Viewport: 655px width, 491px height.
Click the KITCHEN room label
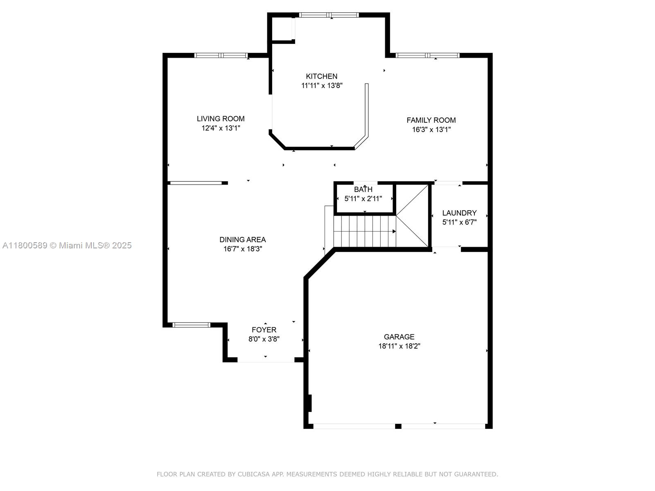[321, 77]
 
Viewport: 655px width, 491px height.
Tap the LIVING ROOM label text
[221, 119]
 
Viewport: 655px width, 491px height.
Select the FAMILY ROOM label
[431, 120]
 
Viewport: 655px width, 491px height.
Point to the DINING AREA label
[242, 239]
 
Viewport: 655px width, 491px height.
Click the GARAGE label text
[399, 337]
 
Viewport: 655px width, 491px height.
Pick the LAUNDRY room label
[459, 213]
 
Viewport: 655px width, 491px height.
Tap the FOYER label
[264, 330]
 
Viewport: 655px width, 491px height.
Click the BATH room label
[363, 189]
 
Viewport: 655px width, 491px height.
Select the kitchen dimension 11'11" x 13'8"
[322, 86]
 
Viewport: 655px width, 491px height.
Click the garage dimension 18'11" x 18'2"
[399, 346]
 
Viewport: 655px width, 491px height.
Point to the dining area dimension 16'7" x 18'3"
[243, 249]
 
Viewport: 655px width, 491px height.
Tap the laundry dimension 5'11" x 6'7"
[459, 222]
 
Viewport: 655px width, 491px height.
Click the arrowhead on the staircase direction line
[394, 231]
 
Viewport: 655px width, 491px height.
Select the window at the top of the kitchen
[329, 15]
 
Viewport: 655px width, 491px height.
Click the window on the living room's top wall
[221, 55]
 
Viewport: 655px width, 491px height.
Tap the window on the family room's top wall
[427, 55]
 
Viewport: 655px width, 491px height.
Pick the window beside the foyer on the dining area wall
[191, 325]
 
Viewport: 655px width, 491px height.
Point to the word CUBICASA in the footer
[253, 474]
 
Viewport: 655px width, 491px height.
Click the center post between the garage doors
[398, 426]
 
